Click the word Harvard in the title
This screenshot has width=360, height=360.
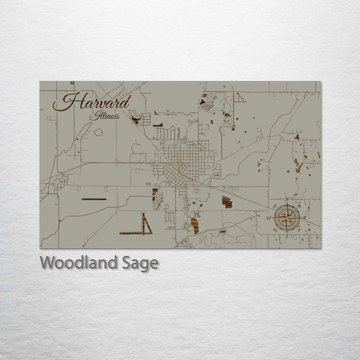(x=92, y=102)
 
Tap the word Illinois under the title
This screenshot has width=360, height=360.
(x=104, y=116)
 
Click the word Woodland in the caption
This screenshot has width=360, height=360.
(x=79, y=263)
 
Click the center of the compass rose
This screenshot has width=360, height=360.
(x=287, y=217)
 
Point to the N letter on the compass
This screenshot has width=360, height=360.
(x=287, y=199)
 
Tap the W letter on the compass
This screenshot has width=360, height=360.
(x=269, y=218)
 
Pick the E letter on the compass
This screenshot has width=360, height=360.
(x=305, y=218)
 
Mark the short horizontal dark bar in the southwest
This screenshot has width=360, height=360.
(x=94, y=199)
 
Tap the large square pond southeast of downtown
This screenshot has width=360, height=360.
(x=227, y=202)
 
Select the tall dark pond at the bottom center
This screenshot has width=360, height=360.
(x=194, y=225)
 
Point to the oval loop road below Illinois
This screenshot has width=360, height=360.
(x=98, y=132)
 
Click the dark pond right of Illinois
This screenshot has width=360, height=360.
(x=135, y=120)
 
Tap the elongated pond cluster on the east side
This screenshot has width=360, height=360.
(x=298, y=165)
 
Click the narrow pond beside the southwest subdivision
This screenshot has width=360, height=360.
(x=154, y=194)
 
